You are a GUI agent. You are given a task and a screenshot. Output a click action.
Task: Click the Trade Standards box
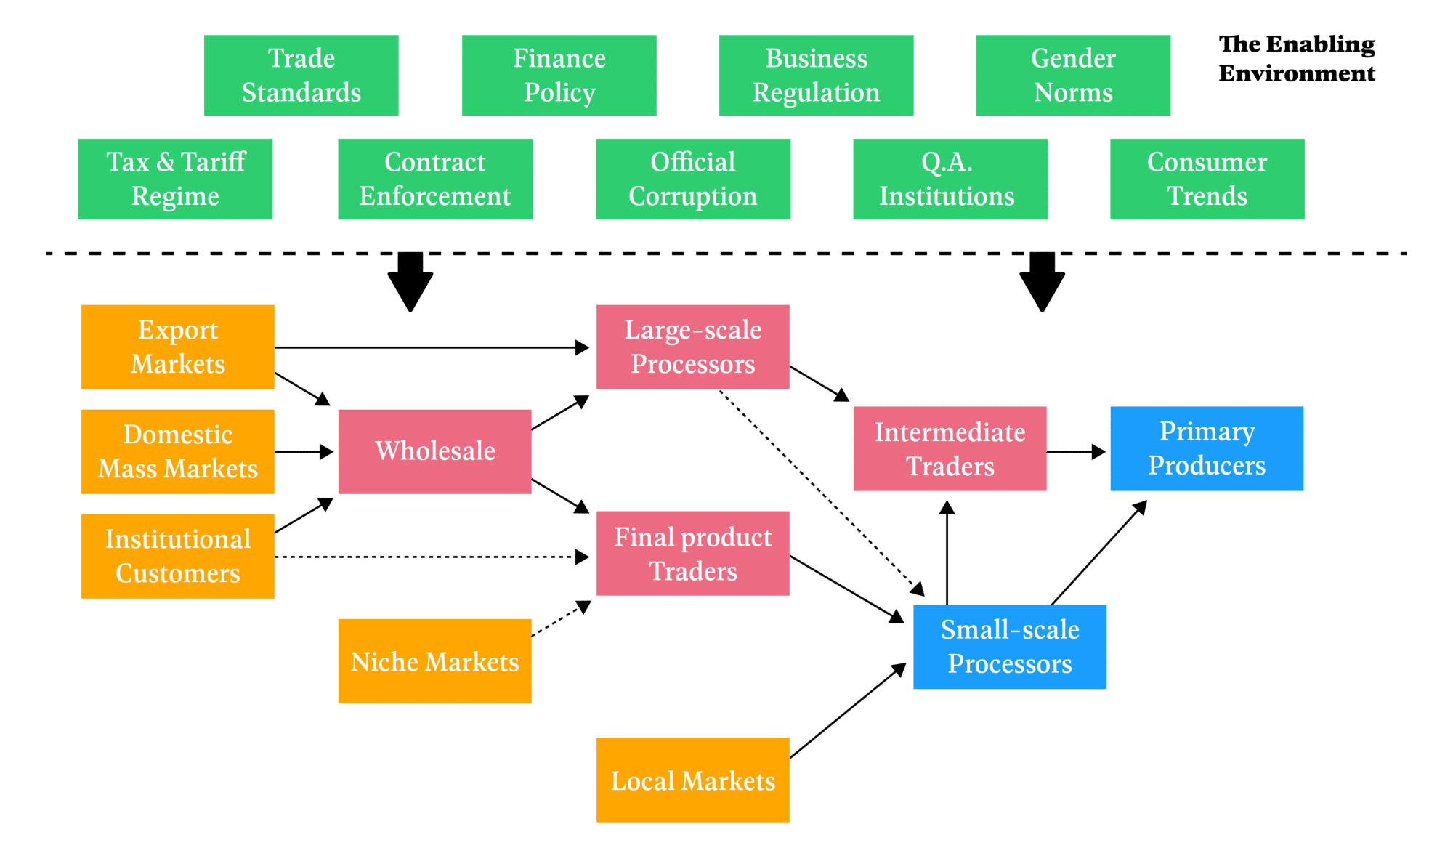click(301, 76)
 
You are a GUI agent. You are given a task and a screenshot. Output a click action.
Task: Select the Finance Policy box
click(559, 76)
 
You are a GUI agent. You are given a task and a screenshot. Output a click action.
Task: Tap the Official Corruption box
click(692, 179)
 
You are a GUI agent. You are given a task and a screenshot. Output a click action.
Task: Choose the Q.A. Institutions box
click(950, 179)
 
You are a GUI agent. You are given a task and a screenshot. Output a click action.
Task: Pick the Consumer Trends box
click(1207, 179)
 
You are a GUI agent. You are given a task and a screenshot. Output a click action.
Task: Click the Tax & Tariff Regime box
click(175, 179)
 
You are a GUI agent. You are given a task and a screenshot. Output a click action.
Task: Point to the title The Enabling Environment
click(1297, 59)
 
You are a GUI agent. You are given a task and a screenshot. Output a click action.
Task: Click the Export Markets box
click(177, 347)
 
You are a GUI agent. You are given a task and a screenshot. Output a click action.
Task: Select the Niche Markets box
click(434, 661)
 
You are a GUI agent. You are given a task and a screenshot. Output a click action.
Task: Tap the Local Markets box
click(692, 780)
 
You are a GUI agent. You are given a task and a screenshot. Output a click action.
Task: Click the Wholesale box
click(434, 451)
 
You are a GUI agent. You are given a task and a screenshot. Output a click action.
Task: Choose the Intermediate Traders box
click(950, 448)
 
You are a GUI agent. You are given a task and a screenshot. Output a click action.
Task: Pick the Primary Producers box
click(1207, 448)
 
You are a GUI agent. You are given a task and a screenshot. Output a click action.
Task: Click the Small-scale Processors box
click(1009, 646)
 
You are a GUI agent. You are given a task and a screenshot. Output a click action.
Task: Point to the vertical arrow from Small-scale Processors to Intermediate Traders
click(947, 552)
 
